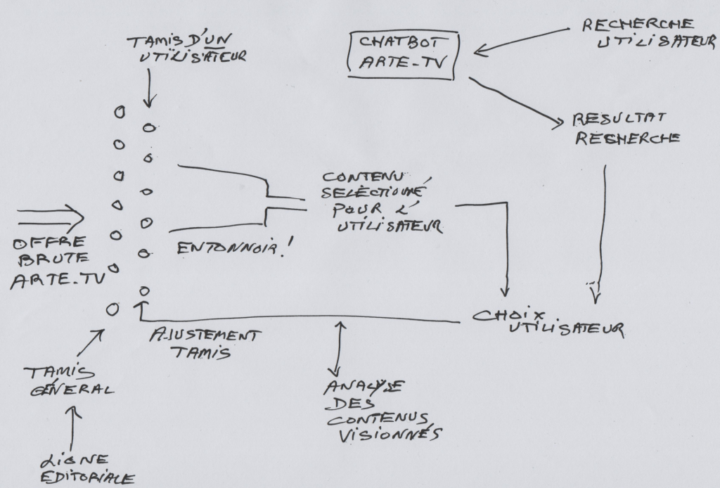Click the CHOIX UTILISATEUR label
(548, 320)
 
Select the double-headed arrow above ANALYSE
(340, 347)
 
